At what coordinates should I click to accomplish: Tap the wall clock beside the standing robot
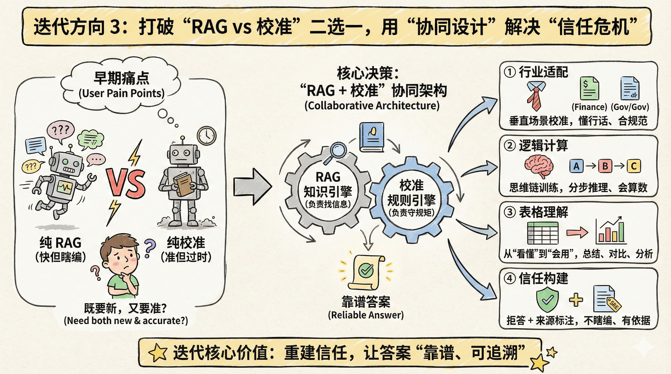pos(207,136)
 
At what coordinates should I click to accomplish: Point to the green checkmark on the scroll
pos(366,270)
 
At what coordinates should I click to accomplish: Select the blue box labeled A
pos(576,166)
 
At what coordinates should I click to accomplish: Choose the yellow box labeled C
pos(633,166)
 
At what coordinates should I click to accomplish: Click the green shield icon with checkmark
pos(547,300)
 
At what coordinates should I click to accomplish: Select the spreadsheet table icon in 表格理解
pos(543,233)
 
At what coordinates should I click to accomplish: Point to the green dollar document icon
pos(589,88)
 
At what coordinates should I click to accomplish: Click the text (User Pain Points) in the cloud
pos(121,93)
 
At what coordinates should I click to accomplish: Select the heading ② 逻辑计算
pos(536,145)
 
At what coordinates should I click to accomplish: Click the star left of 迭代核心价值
pos(157,353)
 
